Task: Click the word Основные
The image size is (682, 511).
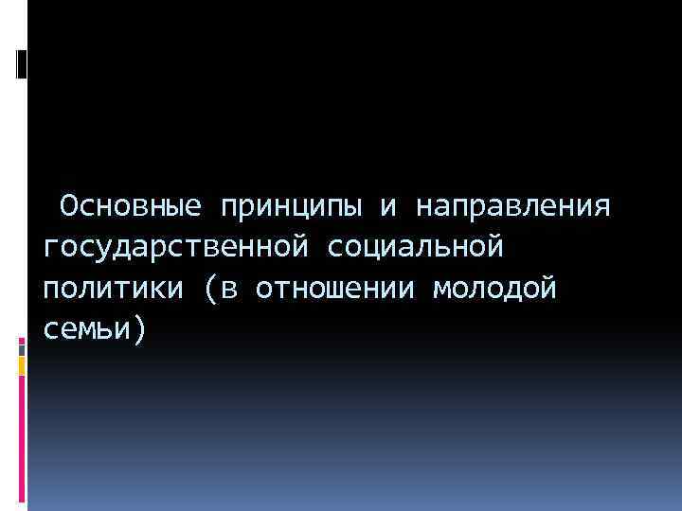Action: point(128,205)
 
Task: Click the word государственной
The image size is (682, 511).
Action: point(175,249)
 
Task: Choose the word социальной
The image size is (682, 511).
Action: point(418,247)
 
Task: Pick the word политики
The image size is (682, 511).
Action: point(111,289)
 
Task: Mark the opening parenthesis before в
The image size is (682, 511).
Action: point(210,290)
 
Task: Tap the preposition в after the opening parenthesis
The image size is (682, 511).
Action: point(231,290)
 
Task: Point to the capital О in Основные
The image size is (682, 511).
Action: point(68,205)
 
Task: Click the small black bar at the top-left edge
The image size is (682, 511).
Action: point(21,64)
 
